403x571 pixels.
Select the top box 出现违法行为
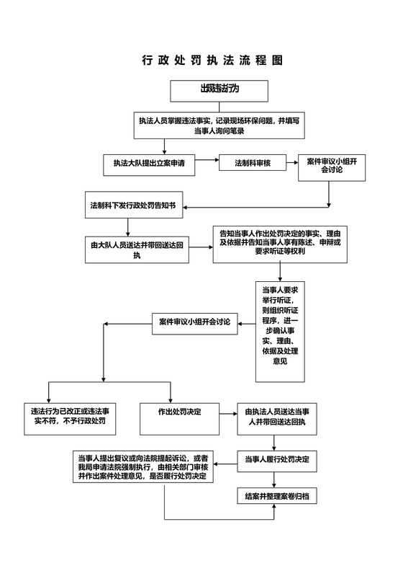(x=219, y=89)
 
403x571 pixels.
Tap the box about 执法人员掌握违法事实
(x=219, y=125)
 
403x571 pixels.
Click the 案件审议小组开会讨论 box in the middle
(x=194, y=322)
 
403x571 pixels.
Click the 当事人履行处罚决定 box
(x=276, y=459)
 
